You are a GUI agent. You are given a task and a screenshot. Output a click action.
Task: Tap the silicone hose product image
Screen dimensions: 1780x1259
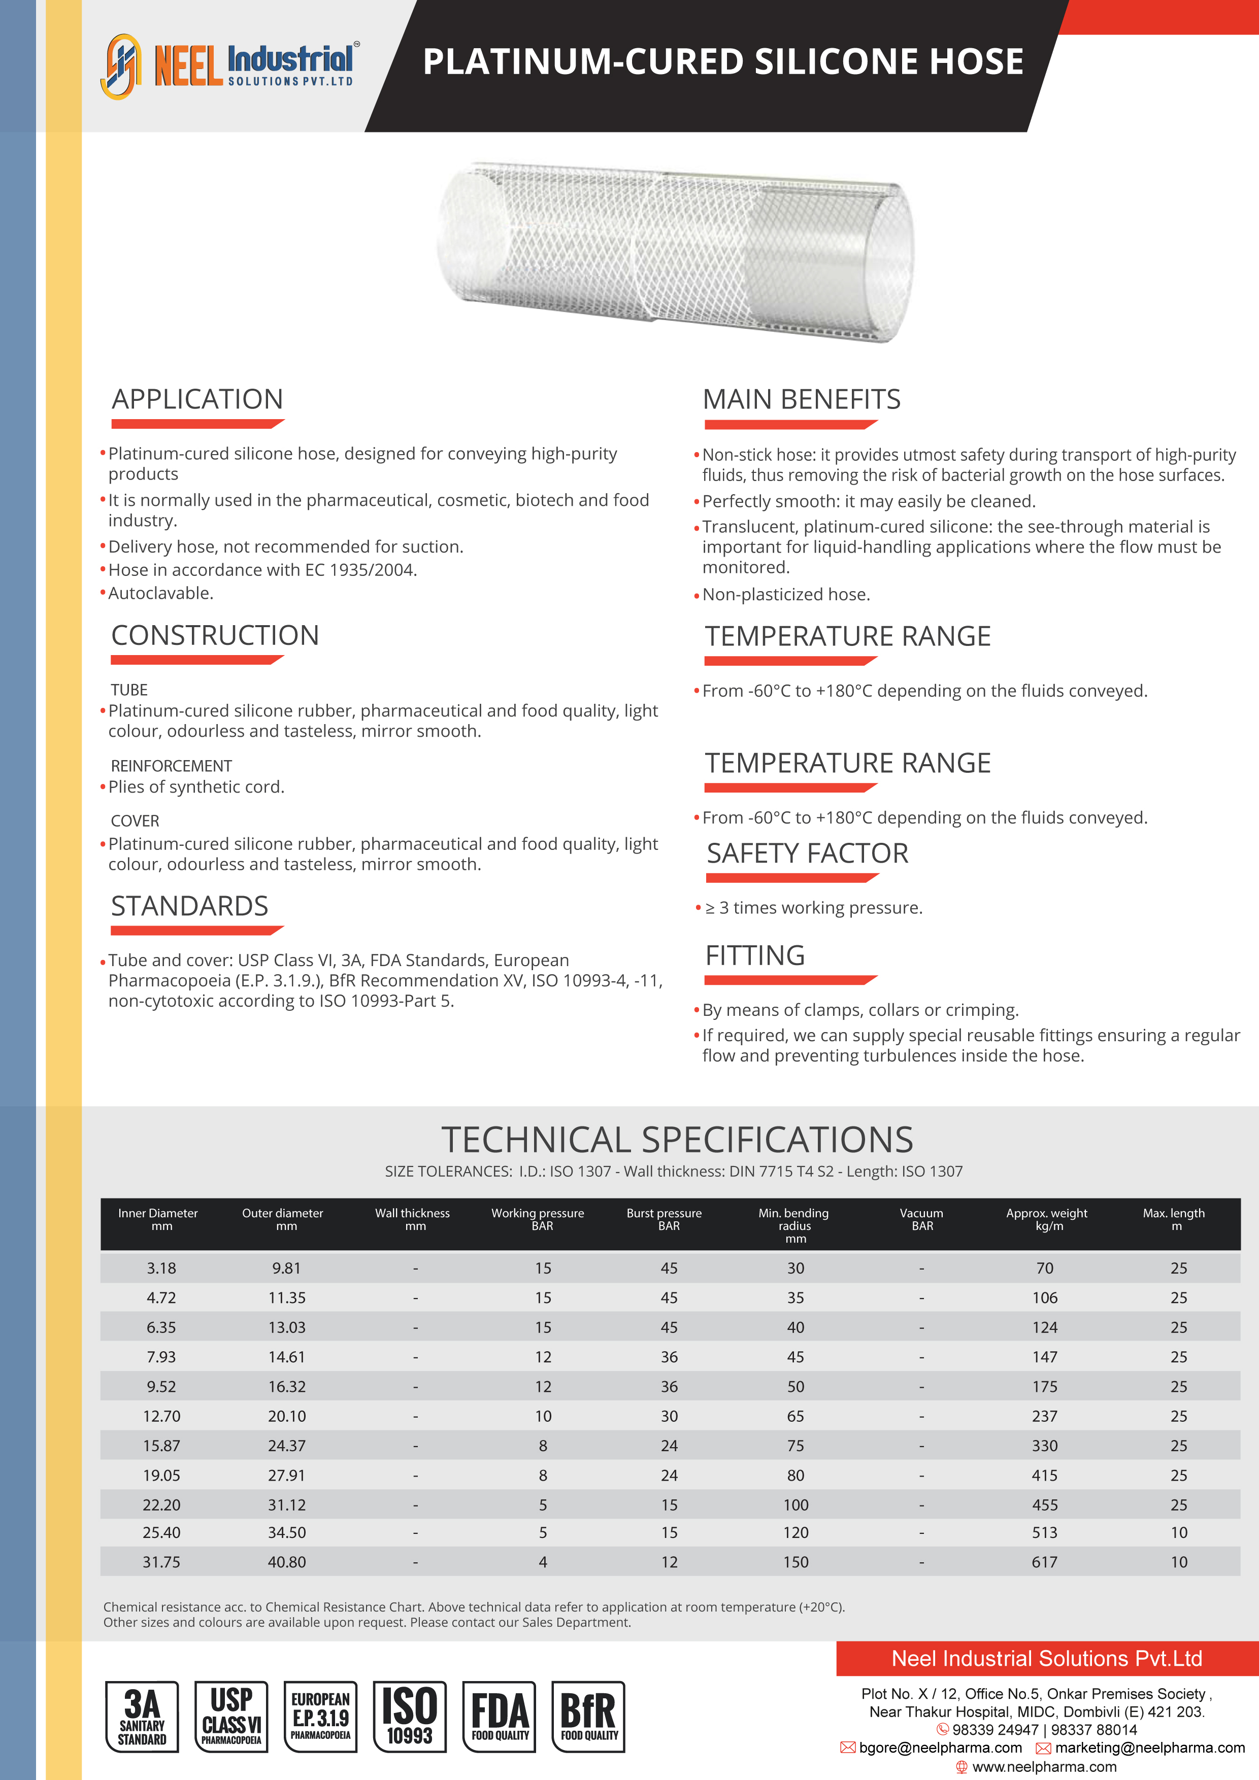[675, 252]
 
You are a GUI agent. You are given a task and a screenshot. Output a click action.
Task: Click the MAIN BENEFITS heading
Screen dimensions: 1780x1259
[801, 399]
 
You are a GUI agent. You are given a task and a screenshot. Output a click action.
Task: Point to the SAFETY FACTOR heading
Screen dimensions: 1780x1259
[807, 853]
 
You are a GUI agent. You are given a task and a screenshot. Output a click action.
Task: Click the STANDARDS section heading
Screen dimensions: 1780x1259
[189, 906]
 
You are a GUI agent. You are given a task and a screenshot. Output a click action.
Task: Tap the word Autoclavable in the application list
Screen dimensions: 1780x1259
[160, 593]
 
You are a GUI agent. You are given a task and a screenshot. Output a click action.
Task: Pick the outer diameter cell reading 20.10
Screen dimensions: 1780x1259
[287, 1416]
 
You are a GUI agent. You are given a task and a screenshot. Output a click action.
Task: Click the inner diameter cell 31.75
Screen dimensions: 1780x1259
[161, 1562]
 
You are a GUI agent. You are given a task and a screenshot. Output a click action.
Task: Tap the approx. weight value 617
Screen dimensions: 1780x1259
[1044, 1562]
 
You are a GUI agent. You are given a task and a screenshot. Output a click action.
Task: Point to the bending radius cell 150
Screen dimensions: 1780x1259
[796, 1562]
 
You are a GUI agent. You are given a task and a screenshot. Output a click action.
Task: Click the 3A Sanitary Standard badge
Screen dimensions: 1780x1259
[142, 1717]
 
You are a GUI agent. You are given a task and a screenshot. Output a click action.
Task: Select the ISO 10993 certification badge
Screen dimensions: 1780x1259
[410, 1717]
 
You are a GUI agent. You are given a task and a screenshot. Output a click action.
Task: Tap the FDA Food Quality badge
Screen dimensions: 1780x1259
[500, 1717]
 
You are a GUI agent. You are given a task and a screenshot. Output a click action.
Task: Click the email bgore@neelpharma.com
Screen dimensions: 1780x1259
[940, 1748]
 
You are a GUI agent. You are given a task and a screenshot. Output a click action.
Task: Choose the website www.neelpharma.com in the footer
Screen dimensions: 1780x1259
[1044, 1767]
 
